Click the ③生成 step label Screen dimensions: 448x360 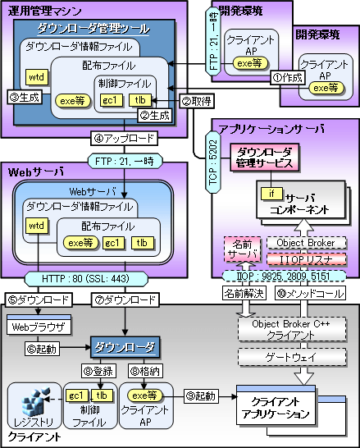pyautogui.click(x=25, y=98)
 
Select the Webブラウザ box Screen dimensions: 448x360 pyautogui.click(x=40, y=326)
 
